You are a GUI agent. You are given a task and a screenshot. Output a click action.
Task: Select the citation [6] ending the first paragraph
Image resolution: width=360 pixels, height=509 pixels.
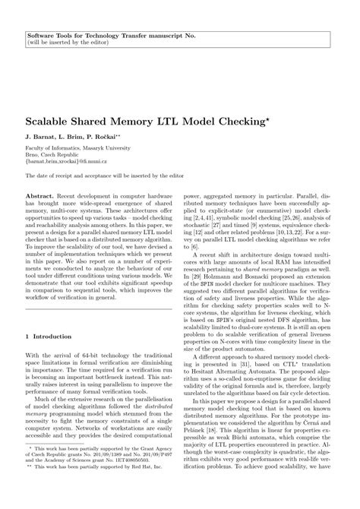pyautogui.click(x=196, y=268)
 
